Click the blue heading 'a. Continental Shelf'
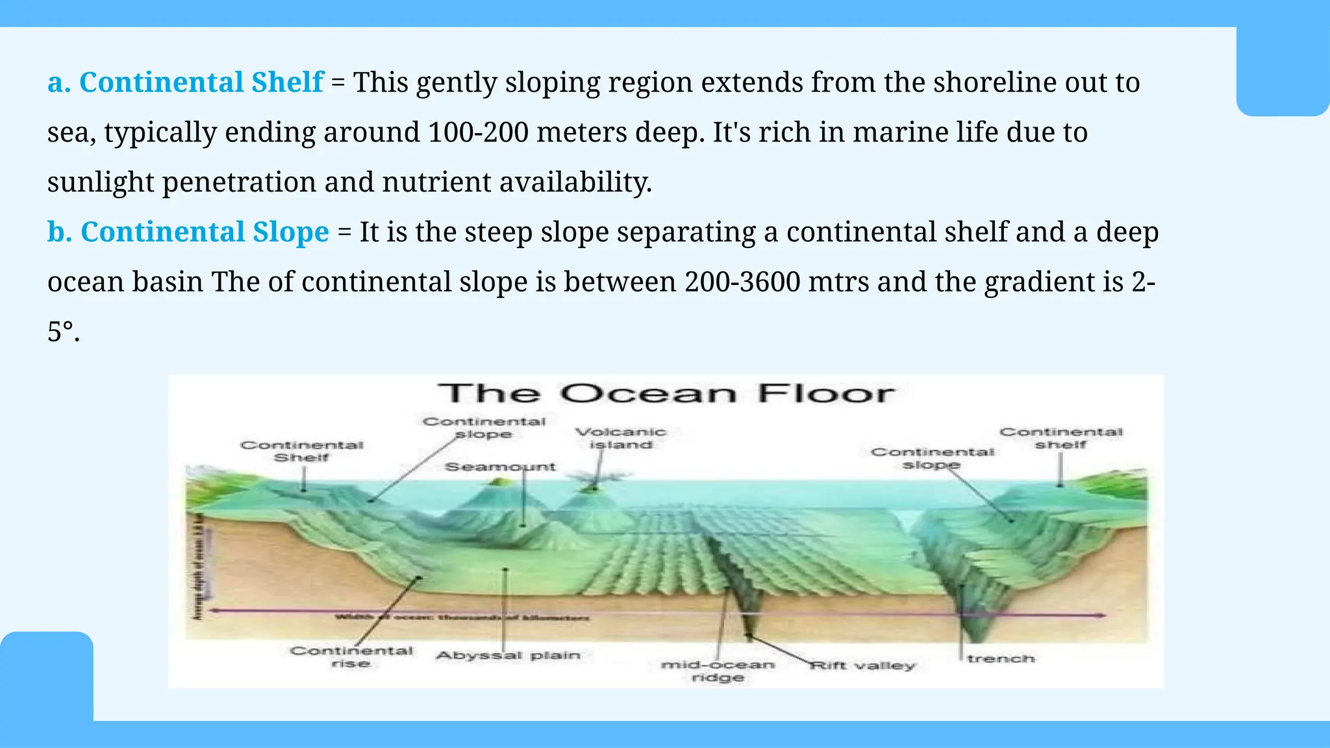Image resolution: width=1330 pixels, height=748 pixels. pyautogui.click(x=185, y=82)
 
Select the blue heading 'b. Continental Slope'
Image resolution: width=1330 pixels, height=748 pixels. pyautogui.click(x=188, y=232)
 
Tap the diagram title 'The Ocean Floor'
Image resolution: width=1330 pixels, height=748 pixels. pyautogui.click(x=666, y=393)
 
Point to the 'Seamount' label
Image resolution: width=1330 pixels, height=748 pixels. pyautogui.click(x=500, y=466)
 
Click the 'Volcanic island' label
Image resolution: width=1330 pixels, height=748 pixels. pyautogui.click(x=621, y=438)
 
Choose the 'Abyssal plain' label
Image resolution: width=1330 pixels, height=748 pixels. pyautogui.click(x=508, y=655)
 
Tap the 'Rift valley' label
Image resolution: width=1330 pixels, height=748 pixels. pyautogui.click(x=862, y=666)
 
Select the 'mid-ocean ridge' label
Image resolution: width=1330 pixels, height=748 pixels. pyautogui.click(x=718, y=671)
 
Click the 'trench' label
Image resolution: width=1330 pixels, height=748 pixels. pyautogui.click(x=1001, y=658)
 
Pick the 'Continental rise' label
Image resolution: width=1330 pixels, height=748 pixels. pyautogui.click(x=351, y=656)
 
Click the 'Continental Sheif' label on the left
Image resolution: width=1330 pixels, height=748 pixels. pyautogui.click(x=302, y=451)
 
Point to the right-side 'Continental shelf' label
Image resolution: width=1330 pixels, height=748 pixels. pyautogui.click(x=1061, y=438)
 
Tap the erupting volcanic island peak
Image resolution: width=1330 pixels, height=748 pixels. pyautogui.click(x=593, y=484)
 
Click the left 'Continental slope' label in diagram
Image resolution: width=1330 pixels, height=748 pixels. pyautogui.click(x=484, y=427)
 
